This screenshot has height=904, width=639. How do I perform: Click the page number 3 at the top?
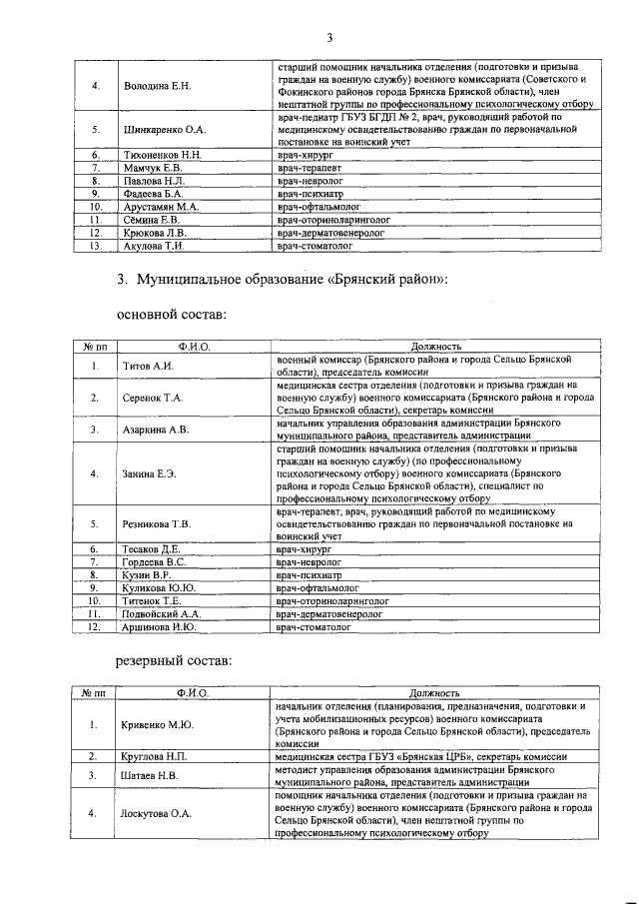[327, 38]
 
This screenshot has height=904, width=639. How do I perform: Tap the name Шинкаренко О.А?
[164, 130]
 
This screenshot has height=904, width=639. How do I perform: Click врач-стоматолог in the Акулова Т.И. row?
[312, 246]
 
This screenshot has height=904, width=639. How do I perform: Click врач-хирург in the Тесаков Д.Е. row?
[304, 549]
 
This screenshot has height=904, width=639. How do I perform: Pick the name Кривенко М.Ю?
[158, 725]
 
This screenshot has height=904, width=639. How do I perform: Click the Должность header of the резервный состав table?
[433, 692]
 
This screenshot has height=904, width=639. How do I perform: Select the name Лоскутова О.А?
[157, 813]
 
